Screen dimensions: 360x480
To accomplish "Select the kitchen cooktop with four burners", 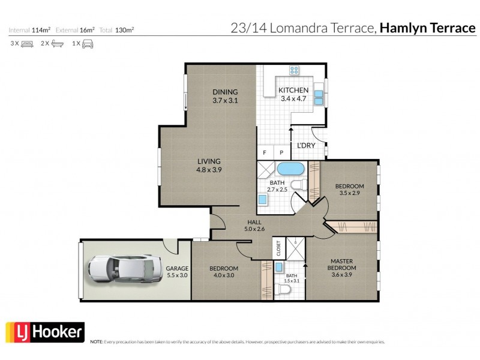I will (295, 71).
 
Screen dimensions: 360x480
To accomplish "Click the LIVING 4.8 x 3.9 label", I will (209, 165).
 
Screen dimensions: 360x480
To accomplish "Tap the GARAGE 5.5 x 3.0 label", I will (178, 272).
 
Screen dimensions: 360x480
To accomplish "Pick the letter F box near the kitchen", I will (264, 152).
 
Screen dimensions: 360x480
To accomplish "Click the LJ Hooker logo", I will (44, 332).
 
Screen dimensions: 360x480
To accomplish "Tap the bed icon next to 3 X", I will (27, 44).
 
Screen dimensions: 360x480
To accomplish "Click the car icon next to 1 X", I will (88, 44).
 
